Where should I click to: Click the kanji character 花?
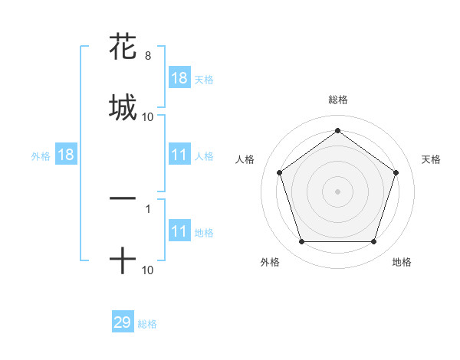[123, 47]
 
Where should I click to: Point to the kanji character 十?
[123, 260]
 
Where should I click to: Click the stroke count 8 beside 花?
[147, 56]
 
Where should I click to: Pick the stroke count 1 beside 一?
[147, 208]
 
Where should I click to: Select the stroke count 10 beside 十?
[147, 270]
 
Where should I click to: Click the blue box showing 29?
[123, 322]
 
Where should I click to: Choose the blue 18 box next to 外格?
[66, 155]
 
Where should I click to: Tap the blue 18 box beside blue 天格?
[179, 78]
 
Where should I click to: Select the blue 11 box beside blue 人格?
[179, 155]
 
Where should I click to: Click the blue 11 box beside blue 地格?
[179, 231]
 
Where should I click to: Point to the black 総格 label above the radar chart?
[338, 100]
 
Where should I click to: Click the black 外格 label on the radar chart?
[270, 262]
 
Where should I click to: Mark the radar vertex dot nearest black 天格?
[396, 172]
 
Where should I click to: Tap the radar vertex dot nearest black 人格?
[280, 172]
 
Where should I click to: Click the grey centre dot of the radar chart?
[338, 191]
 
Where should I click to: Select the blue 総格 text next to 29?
[147, 324]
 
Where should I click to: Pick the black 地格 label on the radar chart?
[402, 262]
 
